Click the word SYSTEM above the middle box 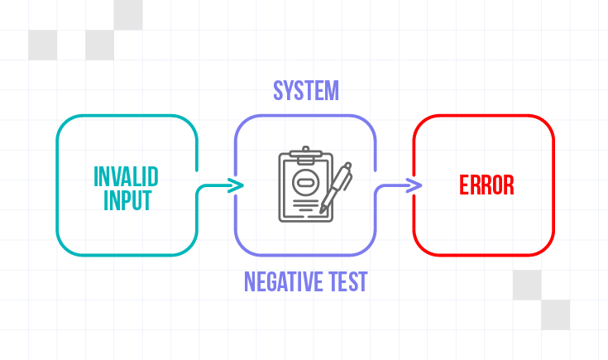coord(305,90)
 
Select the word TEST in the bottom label coord(347,282)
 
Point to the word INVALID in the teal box coord(126,176)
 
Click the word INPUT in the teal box coord(127,199)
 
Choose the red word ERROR coord(486,185)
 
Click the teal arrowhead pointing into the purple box coord(237,185)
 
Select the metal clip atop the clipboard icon coord(305,154)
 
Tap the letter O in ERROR coord(498,185)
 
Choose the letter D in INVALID coord(153,176)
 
